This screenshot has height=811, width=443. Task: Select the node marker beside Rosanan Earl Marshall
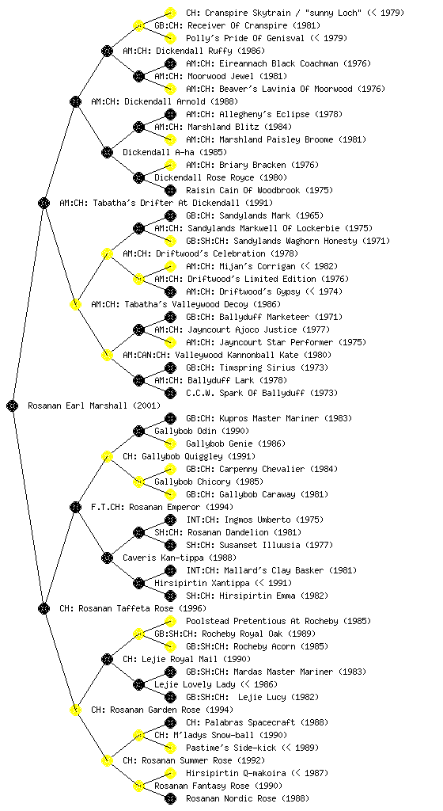(x=13, y=406)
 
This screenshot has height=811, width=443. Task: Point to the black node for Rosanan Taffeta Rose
(x=44, y=609)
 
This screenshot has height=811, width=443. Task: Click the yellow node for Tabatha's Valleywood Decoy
(x=75, y=305)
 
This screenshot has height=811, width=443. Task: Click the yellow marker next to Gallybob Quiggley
(x=107, y=457)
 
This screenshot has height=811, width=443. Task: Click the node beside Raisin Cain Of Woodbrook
(x=170, y=190)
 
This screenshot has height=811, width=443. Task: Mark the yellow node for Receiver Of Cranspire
(x=138, y=25)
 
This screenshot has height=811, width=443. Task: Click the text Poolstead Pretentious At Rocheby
(x=263, y=621)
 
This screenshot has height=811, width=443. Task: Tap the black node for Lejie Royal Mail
(x=107, y=660)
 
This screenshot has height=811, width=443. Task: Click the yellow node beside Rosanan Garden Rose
(x=75, y=710)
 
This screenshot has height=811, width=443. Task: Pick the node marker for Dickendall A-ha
(x=107, y=153)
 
